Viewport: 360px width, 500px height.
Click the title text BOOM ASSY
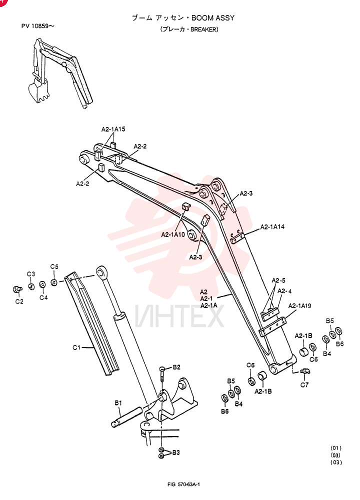(x=213, y=18)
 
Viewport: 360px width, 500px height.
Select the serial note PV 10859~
(x=37, y=26)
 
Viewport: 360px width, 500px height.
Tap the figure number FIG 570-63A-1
(x=183, y=484)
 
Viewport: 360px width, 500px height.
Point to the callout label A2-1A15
(x=113, y=129)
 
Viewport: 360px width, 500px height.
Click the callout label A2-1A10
(x=173, y=234)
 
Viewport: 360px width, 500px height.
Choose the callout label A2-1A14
(x=272, y=226)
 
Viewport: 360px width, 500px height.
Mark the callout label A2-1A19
(x=299, y=306)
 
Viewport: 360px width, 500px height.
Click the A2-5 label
(x=278, y=280)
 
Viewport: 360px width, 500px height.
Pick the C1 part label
(x=76, y=347)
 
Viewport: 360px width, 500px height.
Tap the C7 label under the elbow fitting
(x=304, y=385)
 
